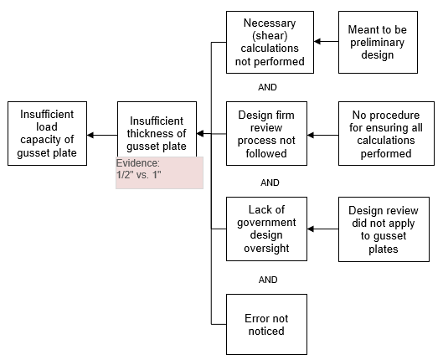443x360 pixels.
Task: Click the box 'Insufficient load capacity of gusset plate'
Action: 47,134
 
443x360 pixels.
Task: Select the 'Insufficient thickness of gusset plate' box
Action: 157,129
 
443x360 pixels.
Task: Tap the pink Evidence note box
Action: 160,172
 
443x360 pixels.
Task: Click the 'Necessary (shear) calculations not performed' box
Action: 270,43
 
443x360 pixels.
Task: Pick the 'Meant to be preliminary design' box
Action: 378,43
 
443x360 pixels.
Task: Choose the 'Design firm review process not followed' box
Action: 266,134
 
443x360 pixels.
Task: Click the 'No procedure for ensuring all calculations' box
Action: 386,134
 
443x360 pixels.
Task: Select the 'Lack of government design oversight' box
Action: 266,229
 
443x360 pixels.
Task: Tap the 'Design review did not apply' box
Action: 384,229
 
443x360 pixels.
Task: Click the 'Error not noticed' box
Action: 266,325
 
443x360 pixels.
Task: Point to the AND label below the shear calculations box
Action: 267,87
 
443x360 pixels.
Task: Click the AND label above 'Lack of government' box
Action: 270,183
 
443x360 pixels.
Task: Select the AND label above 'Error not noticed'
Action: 268,280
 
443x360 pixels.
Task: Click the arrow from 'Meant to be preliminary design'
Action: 327,42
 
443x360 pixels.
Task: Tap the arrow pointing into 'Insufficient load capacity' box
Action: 102,136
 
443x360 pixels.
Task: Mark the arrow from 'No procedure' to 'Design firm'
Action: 323,136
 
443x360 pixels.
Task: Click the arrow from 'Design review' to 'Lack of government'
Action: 323,229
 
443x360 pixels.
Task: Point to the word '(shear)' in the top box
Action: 270,36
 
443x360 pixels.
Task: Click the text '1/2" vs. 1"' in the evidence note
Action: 139,175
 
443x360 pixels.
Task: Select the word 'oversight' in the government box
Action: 266,249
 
